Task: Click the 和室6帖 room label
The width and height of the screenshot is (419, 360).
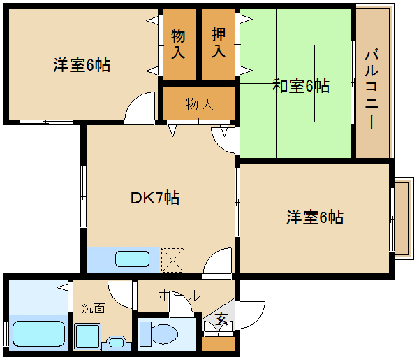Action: [300, 87]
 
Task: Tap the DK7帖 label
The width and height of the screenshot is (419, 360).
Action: [155, 198]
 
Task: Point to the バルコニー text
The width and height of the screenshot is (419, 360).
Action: [372, 89]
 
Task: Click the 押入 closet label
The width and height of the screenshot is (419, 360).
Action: [219, 43]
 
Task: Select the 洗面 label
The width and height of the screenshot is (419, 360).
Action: [94, 308]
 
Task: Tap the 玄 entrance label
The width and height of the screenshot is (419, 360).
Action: [221, 319]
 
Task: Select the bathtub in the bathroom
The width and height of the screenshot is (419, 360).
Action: [39, 334]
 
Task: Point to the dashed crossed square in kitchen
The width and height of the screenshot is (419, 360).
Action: [172, 259]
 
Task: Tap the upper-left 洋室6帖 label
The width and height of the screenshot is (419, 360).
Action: [82, 66]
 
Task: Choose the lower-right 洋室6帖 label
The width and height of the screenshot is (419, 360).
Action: [314, 217]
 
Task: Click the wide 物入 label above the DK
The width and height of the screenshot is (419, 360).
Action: [200, 105]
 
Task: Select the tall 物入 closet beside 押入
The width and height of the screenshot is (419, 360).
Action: [179, 43]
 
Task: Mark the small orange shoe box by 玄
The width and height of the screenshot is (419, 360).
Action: [218, 343]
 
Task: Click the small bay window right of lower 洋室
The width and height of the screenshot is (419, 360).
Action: [402, 217]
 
